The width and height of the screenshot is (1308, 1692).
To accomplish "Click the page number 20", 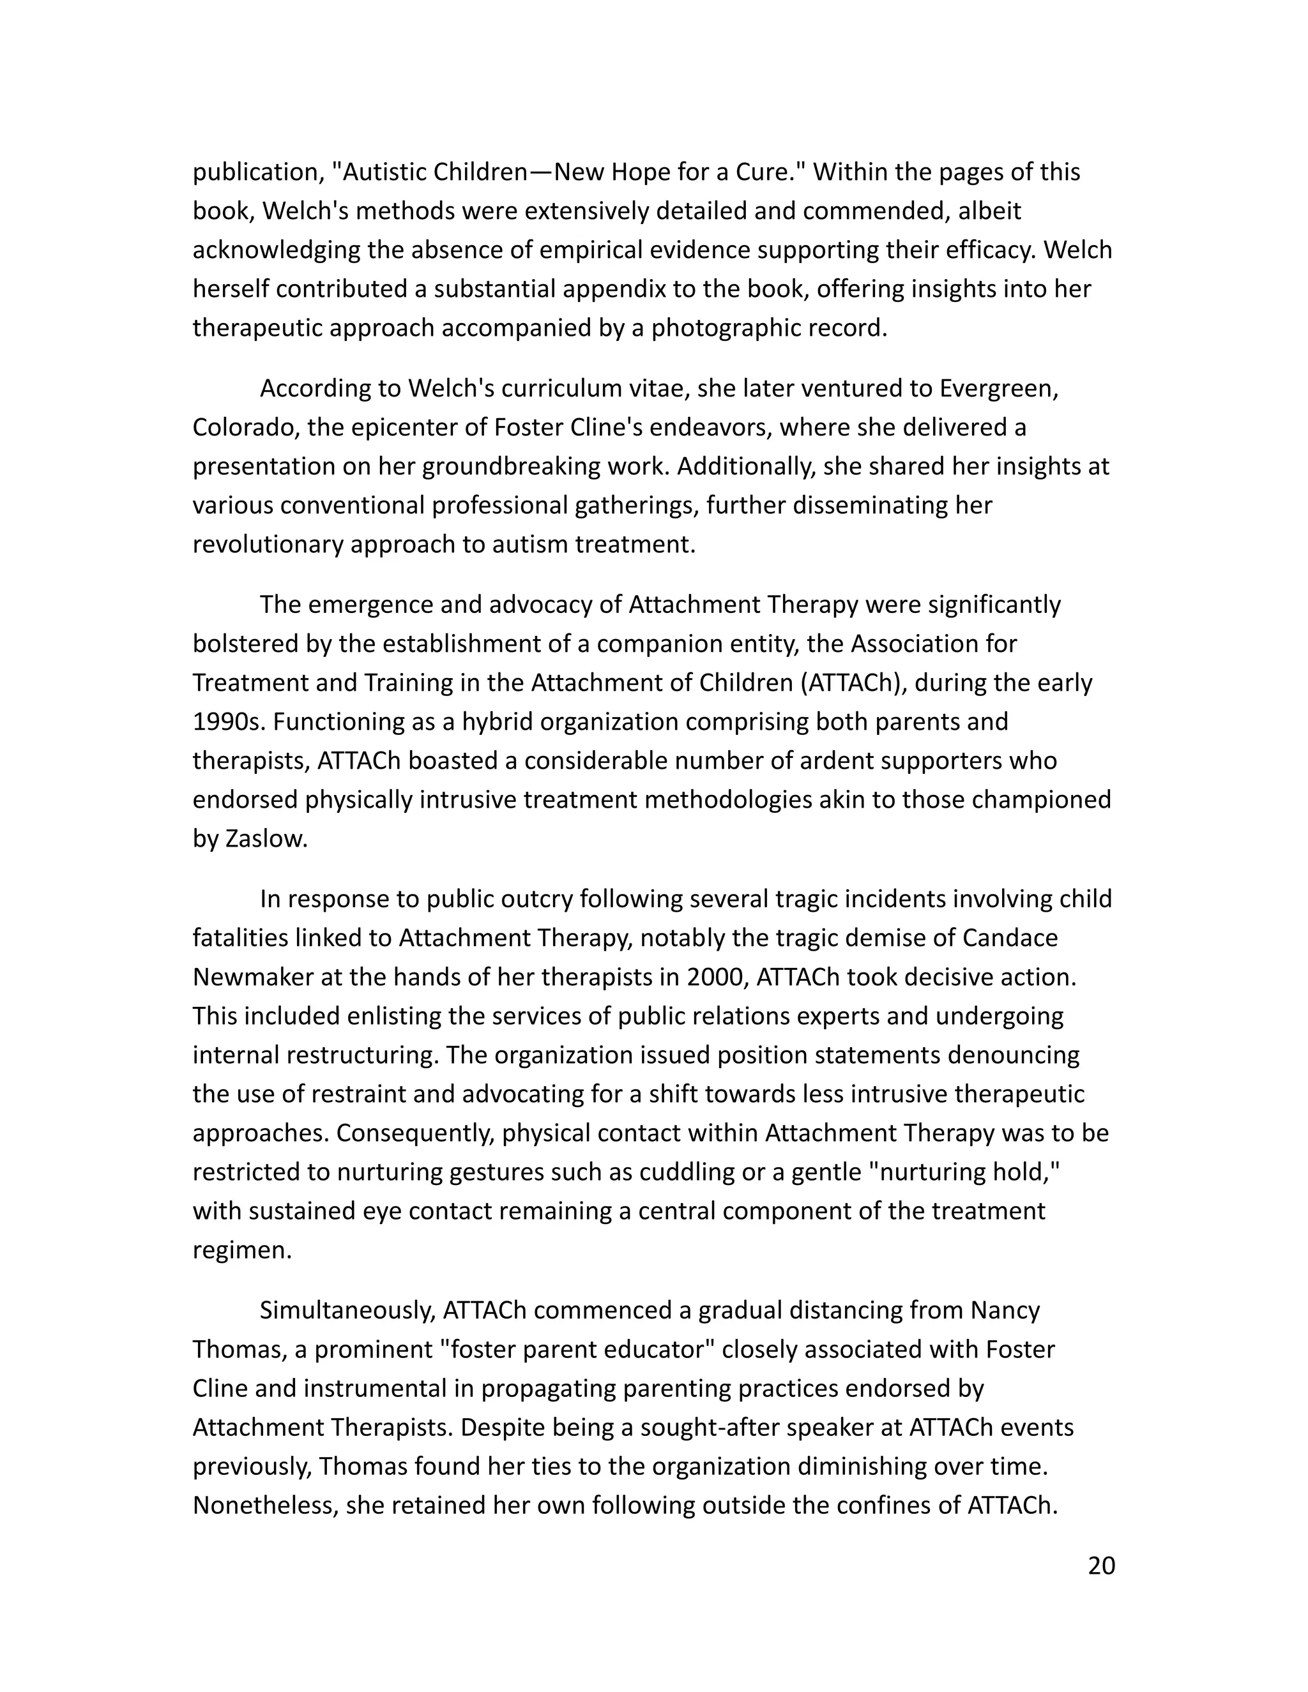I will [x=1101, y=1566].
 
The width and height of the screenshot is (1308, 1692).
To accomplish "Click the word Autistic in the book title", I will [x=384, y=171].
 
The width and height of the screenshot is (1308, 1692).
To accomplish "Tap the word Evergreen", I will [x=998, y=388].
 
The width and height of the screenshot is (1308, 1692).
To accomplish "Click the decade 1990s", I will [x=229, y=721].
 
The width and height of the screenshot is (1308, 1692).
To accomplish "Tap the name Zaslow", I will [x=266, y=838].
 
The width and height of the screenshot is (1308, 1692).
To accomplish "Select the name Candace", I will [x=1010, y=937].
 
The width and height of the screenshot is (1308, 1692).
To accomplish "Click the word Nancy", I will [x=1005, y=1310].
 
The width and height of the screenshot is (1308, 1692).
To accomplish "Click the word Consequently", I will [x=416, y=1133].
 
